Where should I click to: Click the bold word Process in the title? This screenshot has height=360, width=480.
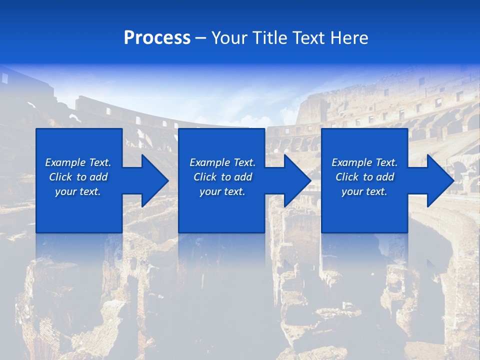157,38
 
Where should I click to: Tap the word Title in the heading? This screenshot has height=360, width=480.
270,38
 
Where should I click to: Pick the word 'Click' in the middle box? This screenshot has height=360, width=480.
204,177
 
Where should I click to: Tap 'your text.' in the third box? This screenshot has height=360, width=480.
364,191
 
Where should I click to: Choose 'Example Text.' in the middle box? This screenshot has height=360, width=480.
222,162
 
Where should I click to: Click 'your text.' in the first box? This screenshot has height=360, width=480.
78,191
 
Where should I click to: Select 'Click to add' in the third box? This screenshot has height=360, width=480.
364,177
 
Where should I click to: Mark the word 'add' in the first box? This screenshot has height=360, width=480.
98,177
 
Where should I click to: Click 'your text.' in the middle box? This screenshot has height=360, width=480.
222,191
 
